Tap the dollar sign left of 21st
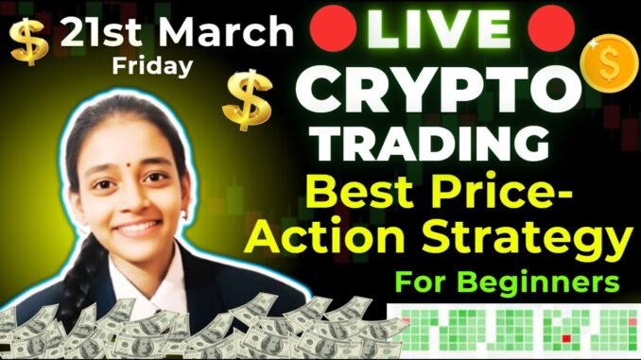click(28, 42)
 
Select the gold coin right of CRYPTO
click(610, 62)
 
